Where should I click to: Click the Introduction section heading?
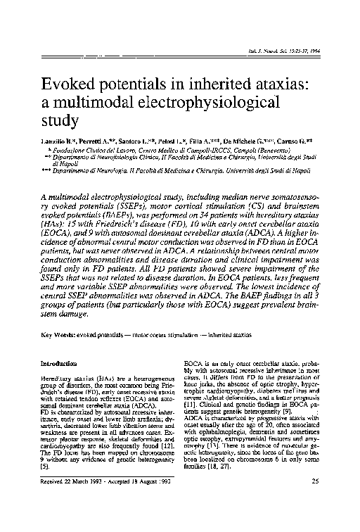[x=62, y=364]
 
